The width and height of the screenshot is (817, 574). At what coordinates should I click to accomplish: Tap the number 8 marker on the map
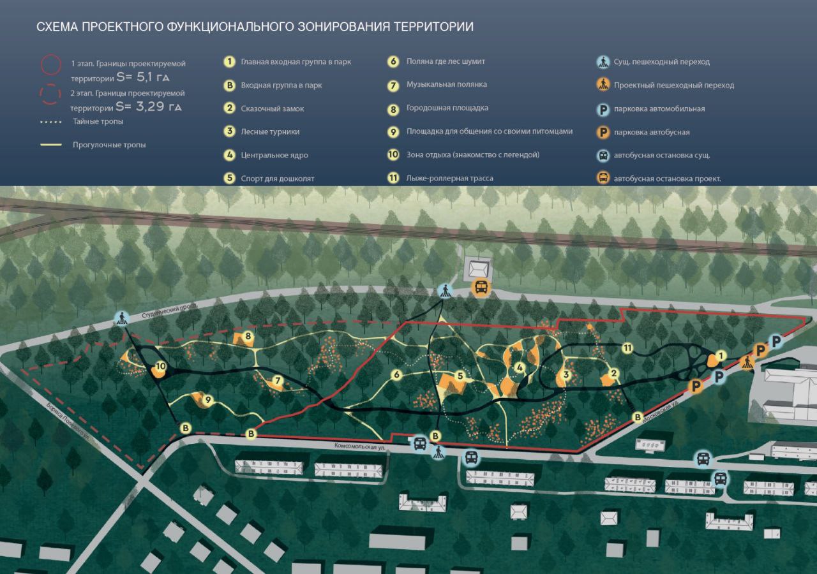248,335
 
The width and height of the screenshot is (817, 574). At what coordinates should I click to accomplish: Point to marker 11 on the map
627,348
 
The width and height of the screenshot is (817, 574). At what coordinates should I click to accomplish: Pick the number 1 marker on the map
721,356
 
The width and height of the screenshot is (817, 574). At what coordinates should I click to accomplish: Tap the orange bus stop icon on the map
481,287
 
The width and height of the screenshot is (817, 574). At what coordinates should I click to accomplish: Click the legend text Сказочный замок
272,108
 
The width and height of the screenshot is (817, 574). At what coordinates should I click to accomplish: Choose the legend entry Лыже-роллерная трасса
449,179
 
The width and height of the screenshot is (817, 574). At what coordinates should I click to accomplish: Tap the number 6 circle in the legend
394,62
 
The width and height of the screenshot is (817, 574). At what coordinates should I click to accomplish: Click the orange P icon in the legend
603,133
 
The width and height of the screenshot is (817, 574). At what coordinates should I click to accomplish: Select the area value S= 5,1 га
143,78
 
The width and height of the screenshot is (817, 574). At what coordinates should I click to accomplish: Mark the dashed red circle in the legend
50,94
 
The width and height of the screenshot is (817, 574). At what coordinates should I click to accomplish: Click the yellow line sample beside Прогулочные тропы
51,145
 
